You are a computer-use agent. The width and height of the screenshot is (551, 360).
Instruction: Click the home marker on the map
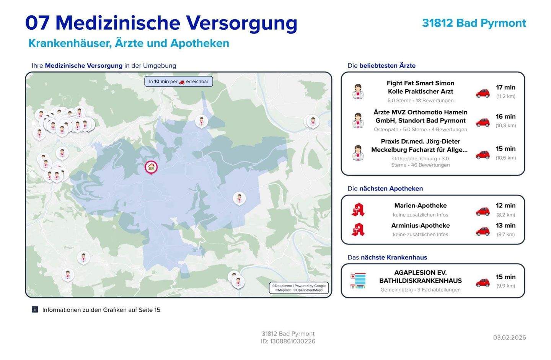(151, 167)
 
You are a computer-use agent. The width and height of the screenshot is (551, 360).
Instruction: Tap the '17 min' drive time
(505, 88)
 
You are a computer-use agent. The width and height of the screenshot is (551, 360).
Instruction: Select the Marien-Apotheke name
(420, 206)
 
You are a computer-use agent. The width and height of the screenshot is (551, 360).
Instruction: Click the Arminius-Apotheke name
(420, 226)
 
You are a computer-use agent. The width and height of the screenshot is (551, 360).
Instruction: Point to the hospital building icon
(358, 281)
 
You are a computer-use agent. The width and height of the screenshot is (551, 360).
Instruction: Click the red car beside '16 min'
(483, 122)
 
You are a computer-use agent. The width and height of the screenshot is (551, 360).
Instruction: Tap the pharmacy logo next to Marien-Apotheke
(358, 210)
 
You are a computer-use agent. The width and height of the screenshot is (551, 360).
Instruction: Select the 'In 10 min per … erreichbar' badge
(178, 81)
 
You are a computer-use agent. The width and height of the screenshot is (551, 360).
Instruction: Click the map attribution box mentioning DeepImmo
(298, 288)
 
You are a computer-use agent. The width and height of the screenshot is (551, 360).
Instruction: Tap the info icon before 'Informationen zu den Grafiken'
(35, 310)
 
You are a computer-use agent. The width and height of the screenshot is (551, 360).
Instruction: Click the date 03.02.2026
(509, 337)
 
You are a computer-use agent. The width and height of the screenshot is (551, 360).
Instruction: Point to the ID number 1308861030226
(293, 341)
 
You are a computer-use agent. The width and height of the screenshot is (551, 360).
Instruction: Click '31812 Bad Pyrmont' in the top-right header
(474, 23)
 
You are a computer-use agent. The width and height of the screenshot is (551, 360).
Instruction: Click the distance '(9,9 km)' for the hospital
(505, 286)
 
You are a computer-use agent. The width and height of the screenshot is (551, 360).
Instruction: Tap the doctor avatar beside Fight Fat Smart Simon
(358, 91)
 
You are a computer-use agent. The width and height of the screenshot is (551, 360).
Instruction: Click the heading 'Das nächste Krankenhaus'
(387, 257)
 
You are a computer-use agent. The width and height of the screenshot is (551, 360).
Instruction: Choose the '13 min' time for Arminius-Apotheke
(505, 226)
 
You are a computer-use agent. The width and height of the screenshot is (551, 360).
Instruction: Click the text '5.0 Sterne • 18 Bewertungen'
(420, 101)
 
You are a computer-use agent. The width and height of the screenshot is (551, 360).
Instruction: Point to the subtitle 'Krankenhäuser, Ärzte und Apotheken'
(129, 43)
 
